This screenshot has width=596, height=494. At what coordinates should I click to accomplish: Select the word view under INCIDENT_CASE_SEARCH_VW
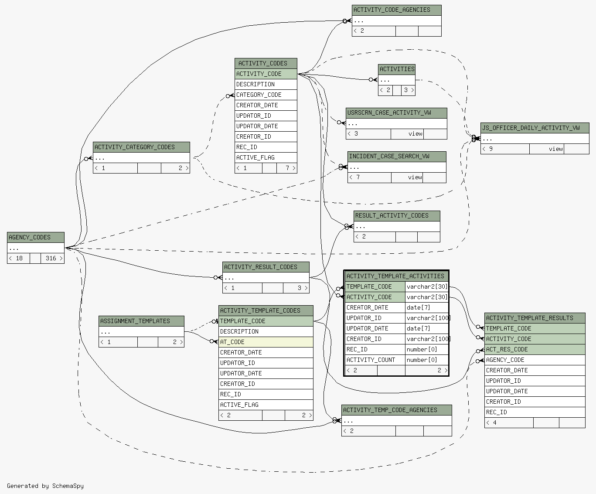pos(415,177)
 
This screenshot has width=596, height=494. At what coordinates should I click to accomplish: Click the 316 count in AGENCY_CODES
pos(51,258)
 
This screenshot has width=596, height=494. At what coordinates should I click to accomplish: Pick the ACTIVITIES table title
pos(397,69)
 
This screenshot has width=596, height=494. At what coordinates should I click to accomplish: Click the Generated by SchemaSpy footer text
pos(45,486)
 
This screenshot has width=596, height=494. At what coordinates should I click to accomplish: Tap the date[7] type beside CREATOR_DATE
pos(419,307)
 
